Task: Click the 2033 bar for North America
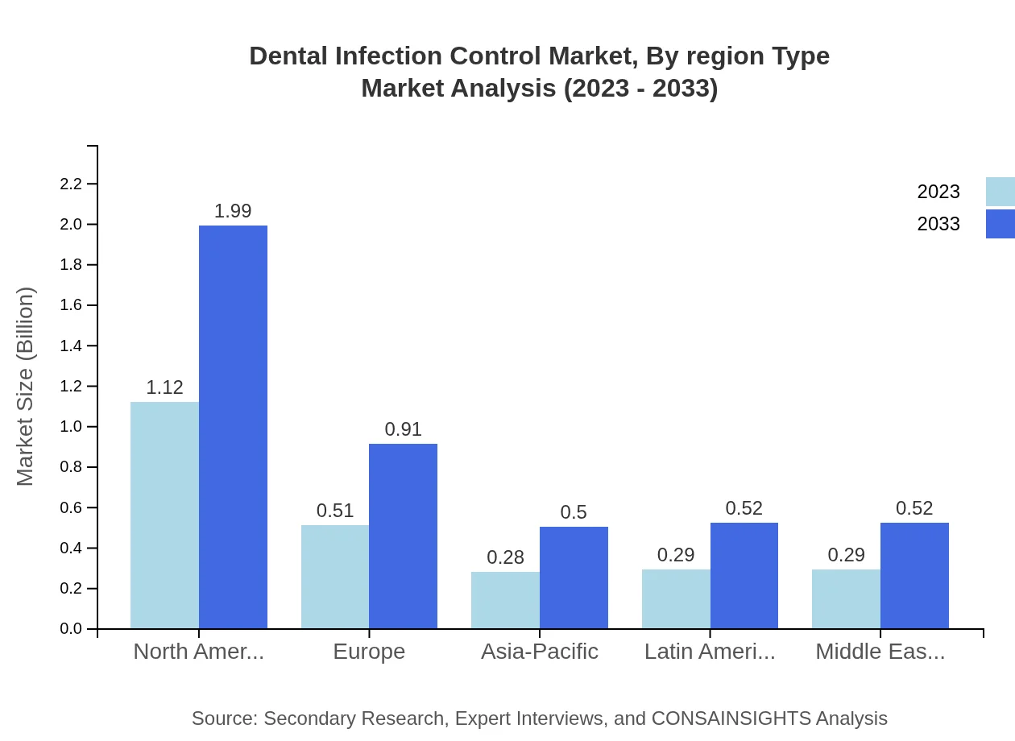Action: [233, 427]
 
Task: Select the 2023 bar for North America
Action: [164, 515]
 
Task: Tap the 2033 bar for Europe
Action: [403, 536]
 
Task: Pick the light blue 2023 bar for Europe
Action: [335, 577]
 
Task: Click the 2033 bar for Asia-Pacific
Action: [574, 577]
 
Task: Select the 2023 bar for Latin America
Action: [676, 599]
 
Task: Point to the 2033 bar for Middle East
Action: [914, 576]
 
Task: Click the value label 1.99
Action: [233, 211]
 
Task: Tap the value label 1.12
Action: [164, 387]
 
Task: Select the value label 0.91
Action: [403, 429]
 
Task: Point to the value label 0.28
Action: [505, 557]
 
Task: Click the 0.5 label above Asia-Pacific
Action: [574, 512]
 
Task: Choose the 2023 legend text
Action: [938, 192]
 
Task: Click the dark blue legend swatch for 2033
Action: [1000, 224]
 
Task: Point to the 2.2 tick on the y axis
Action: [72, 184]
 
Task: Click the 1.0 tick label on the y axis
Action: [72, 427]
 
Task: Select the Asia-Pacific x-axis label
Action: [539, 652]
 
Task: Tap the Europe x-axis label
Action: [369, 652]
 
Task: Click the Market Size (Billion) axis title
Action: [26, 387]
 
